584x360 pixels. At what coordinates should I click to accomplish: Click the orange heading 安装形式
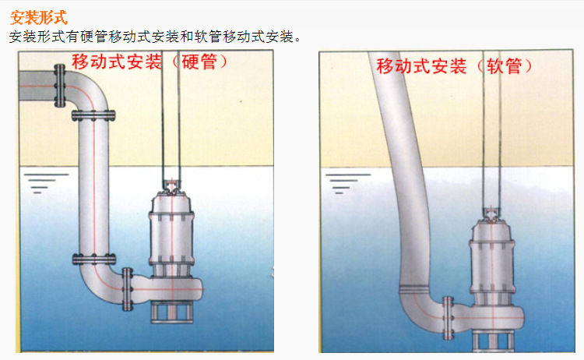click(x=39, y=17)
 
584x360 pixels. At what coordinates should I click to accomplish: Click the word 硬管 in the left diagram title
click(x=199, y=62)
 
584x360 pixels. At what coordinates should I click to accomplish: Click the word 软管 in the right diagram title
click(x=505, y=66)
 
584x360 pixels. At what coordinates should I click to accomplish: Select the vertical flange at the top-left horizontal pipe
click(x=60, y=86)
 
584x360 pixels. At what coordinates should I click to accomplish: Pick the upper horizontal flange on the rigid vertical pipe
click(x=93, y=115)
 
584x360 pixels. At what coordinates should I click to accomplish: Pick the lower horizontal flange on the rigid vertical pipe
click(x=94, y=259)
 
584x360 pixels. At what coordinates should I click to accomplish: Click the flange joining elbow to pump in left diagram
click(x=128, y=289)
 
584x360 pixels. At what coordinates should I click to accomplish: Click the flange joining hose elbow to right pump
click(x=448, y=318)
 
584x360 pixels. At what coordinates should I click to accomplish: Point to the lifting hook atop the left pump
click(x=171, y=186)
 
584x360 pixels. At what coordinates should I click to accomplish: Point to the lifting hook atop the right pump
click(x=492, y=214)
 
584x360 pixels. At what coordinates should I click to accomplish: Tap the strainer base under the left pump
click(x=172, y=312)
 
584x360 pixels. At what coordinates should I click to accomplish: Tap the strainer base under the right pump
click(x=492, y=341)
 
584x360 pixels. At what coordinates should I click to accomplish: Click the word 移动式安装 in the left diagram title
click(x=117, y=62)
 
